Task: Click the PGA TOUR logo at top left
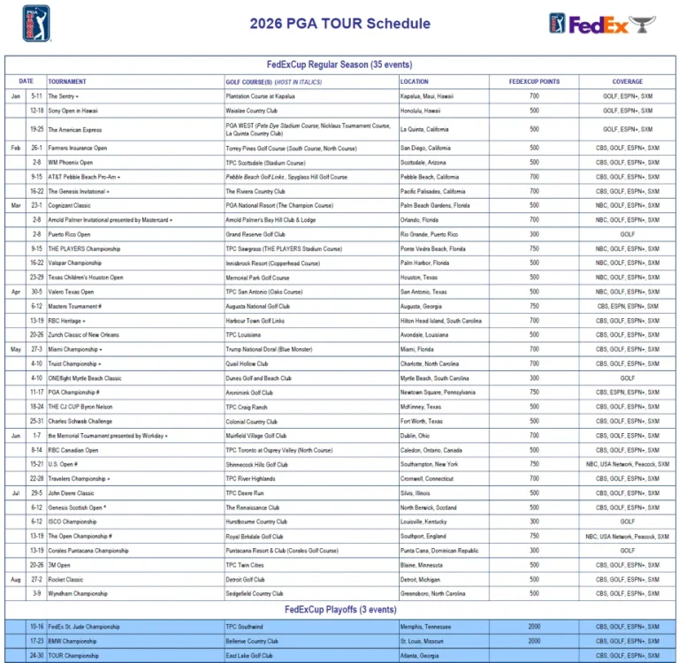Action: click(x=35, y=23)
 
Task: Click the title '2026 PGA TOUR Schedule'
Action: click(x=339, y=24)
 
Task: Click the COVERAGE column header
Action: click(x=628, y=81)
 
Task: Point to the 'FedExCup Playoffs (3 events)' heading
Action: click(x=340, y=610)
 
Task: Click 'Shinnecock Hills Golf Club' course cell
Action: click(x=256, y=464)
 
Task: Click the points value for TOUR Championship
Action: click(x=534, y=656)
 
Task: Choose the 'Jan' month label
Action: click(x=16, y=95)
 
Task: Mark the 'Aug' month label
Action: click(x=16, y=579)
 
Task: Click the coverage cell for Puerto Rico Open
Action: click(x=628, y=234)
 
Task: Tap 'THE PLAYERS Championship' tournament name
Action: click(x=84, y=248)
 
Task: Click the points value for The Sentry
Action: click(x=534, y=95)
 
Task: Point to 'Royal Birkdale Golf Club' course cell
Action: click(x=255, y=537)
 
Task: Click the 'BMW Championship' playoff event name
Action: click(x=74, y=641)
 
